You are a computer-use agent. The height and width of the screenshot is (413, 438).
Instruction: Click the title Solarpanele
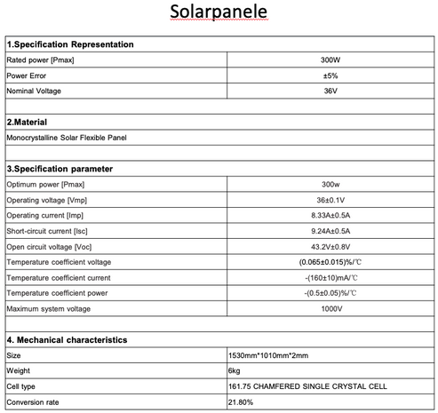click(219, 15)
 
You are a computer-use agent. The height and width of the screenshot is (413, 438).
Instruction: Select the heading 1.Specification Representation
click(70, 44)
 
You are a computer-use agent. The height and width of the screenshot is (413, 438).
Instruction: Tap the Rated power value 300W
click(330, 60)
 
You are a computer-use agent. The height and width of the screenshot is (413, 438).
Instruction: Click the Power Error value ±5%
click(330, 75)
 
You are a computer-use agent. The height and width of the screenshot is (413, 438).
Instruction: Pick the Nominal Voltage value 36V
click(330, 91)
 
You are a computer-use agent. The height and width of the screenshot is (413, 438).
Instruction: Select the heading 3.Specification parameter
click(65, 168)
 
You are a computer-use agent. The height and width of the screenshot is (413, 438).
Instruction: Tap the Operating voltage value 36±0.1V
click(330, 200)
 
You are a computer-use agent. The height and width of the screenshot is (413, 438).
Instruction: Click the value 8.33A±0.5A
click(330, 215)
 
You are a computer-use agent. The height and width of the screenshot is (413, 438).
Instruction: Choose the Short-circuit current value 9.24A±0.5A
click(330, 231)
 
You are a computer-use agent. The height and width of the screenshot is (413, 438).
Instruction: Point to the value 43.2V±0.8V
click(330, 246)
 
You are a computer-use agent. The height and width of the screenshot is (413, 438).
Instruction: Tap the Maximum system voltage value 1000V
click(330, 308)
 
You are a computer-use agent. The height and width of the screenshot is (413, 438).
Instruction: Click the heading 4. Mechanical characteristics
click(68, 339)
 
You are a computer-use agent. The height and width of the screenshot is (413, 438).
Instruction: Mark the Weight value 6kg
click(235, 370)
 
